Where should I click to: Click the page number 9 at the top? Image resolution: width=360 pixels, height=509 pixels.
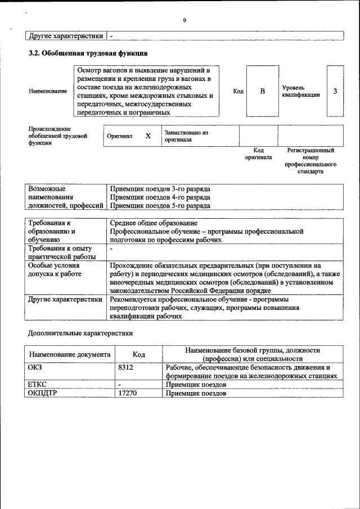(x=184, y=21)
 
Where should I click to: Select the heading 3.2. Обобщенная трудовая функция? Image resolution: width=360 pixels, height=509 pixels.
(x=88, y=53)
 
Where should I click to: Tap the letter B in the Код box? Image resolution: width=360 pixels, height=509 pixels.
(x=262, y=91)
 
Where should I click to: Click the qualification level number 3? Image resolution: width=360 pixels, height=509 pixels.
(x=335, y=91)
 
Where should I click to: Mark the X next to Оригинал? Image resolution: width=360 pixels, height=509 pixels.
(x=148, y=136)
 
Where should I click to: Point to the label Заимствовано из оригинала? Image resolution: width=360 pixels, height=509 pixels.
(x=186, y=136)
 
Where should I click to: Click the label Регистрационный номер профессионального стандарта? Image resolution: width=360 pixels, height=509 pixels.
(x=310, y=161)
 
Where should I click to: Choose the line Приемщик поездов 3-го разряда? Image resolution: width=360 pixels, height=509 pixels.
(x=160, y=189)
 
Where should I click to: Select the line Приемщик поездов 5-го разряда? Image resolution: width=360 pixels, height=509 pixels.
(x=160, y=206)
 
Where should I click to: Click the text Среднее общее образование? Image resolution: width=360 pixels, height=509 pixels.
(x=150, y=223)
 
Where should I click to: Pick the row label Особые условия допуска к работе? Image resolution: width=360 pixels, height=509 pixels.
(x=55, y=269)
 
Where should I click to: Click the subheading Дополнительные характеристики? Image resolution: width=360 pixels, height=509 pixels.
(x=80, y=332)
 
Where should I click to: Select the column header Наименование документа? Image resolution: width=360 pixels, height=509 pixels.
(x=70, y=355)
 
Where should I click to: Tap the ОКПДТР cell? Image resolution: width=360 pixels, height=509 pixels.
(x=42, y=393)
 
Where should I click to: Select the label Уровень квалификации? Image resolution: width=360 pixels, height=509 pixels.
(x=301, y=91)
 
